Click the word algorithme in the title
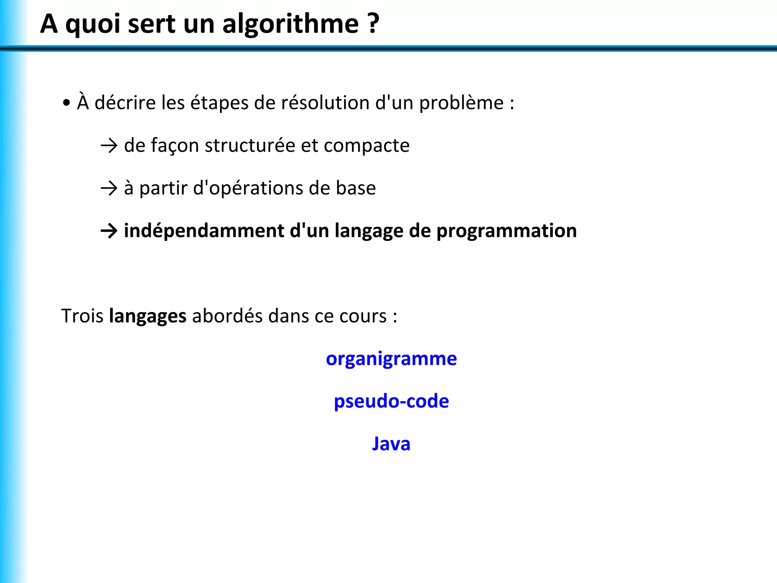click(290, 24)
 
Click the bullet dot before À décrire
click(67, 102)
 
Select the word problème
click(461, 103)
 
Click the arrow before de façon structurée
click(109, 146)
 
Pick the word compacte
click(366, 145)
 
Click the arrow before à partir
click(109, 188)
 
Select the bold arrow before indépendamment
click(109, 231)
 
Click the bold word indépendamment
click(204, 231)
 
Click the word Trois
click(82, 316)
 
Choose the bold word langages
click(148, 317)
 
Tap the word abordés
click(227, 316)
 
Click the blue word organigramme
click(391, 359)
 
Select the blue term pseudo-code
click(391, 402)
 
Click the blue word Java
click(391, 444)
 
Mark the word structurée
click(250, 145)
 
